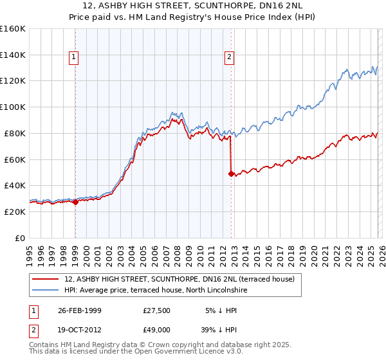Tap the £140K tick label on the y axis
tap(13, 55)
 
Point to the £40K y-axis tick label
tap(15, 185)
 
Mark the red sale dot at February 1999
tap(75, 202)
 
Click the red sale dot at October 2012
tap(230, 174)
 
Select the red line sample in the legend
tap(46, 279)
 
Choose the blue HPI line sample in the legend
tap(46, 291)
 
